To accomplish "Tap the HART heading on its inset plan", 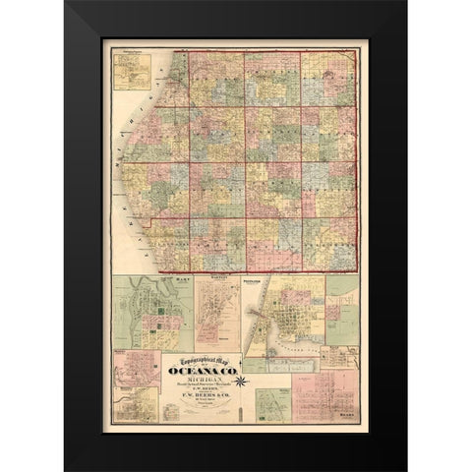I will click(x=152, y=282).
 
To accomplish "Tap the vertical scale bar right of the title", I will click(x=243, y=393).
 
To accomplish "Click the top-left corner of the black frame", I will click(x=66, y=2).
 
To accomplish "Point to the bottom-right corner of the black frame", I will click(x=406, y=469).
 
